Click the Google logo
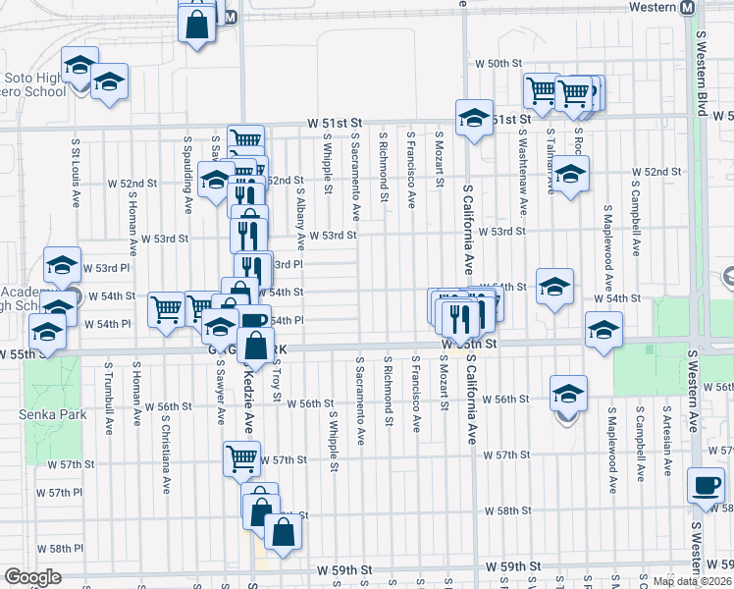(32, 577)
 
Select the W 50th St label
(496, 63)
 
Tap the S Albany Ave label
(300, 208)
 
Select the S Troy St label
(279, 383)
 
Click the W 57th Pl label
(72, 492)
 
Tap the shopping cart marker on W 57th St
(241, 458)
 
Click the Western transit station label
(651, 7)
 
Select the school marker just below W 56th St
(568, 395)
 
